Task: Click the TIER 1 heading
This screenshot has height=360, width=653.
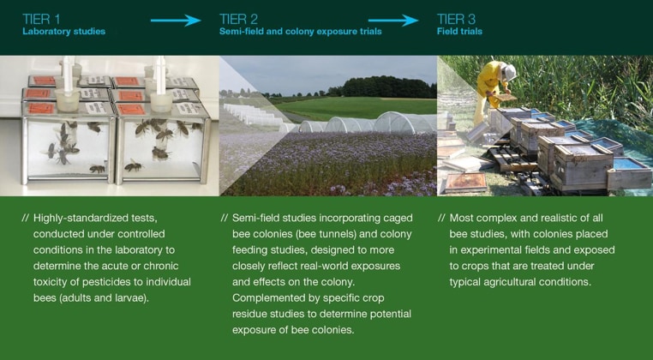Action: pyautogui.click(x=41, y=19)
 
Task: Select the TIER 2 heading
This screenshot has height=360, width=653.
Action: pyautogui.click(x=238, y=19)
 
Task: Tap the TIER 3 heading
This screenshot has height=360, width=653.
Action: pyautogui.click(x=456, y=19)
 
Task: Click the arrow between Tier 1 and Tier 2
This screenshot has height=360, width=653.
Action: pyautogui.click(x=176, y=20)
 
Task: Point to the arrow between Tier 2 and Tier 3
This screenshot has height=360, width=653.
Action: pyautogui.click(x=393, y=20)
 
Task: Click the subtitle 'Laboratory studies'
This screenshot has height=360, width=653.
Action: pyautogui.click(x=63, y=32)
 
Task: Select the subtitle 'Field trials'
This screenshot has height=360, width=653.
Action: pyautogui.click(x=459, y=32)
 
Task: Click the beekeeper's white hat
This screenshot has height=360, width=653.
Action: pyautogui.click(x=509, y=73)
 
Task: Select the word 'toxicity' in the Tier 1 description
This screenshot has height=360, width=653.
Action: pyautogui.click(x=48, y=282)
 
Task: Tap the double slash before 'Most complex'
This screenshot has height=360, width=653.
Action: pyautogui.click(x=442, y=219)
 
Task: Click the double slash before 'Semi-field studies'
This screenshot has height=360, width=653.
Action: pyautogui.click(x=225, y=219)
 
